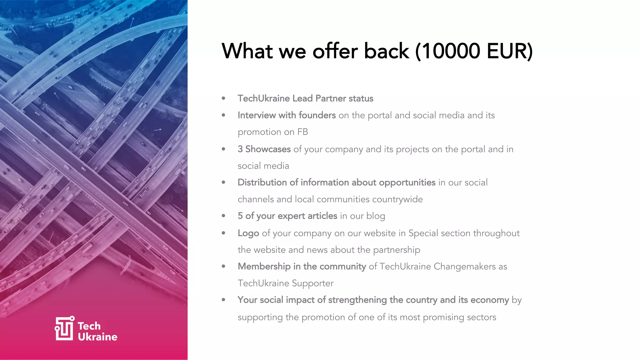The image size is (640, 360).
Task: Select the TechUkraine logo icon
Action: pyautogui.click(x=64, y=328)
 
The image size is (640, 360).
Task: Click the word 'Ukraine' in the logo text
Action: pyautogui.click(x=97, y=337)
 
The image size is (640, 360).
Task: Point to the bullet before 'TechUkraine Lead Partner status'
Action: pyautogui.click(x=223, y=98)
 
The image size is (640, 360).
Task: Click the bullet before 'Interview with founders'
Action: pyautogui.click(x=223, y=115)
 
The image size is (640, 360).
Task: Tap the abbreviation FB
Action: pyautogui.click(x=302, y=132)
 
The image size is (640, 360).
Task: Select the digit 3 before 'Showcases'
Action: pyautogui.click(x=240, y=149)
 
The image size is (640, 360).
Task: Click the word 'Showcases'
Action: pyautogui.click(x=268, y=149)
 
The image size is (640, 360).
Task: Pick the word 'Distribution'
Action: pyautogui.click(x=262, y=182)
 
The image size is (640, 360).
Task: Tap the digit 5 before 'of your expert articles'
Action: pyautogui.click(x=240, y=216)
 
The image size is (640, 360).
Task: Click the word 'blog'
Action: pyautogui.click(x=376, y=216)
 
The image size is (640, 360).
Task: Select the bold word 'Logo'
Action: pyautogui.click(x=248, y=233)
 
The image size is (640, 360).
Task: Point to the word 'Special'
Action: pyautogui.click(x=423, y=233)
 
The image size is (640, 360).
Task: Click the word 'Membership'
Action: pyautogui.click(x=264, y=267)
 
